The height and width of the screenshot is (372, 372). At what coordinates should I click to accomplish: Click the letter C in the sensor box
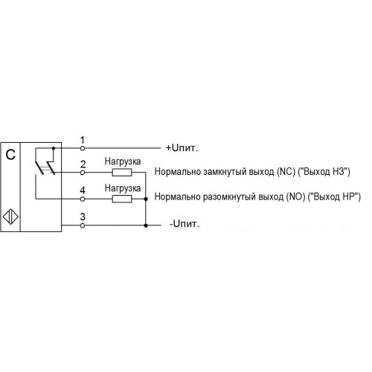(x=10, y=155)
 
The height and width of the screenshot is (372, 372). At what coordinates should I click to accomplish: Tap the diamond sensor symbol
(x=10, y=217)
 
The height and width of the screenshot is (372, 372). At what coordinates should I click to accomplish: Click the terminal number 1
(x=83, y=140)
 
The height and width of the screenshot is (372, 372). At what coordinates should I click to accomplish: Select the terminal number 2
(x=83, y=164)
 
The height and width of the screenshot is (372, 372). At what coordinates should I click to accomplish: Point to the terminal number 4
(x=83, y=190)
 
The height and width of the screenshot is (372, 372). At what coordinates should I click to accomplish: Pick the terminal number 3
(x=83, y=217)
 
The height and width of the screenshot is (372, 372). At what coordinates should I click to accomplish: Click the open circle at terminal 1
(x=83, y=148)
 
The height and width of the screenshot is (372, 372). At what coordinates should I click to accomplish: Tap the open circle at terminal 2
(x=83, y=173)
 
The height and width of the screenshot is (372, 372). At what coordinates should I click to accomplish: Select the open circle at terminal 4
(x=83, y=199)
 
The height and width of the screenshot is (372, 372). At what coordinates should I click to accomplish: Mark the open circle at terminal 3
(x=83, y=225)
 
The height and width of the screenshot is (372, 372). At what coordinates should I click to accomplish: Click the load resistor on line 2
(x=122, y=173)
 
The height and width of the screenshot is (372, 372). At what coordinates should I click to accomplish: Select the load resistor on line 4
(x=122, y=199)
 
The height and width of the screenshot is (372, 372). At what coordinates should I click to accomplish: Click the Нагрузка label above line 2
(x=123, y=161)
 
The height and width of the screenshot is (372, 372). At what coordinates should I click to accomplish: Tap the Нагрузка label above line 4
(x=123, y=188)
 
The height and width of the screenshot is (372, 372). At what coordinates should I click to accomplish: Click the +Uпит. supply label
(x=182, y=148)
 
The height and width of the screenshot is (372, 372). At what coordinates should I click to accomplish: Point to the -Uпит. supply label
(x=185, y=224)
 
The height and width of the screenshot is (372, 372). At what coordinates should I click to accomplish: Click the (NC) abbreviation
(x=286, y=172)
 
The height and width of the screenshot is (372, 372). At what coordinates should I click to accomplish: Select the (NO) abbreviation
(x=295, y=196)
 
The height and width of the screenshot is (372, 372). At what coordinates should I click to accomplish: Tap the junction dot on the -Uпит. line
(x=146, y=225)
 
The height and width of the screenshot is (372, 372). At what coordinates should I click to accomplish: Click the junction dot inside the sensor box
(x=54, y=148)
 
